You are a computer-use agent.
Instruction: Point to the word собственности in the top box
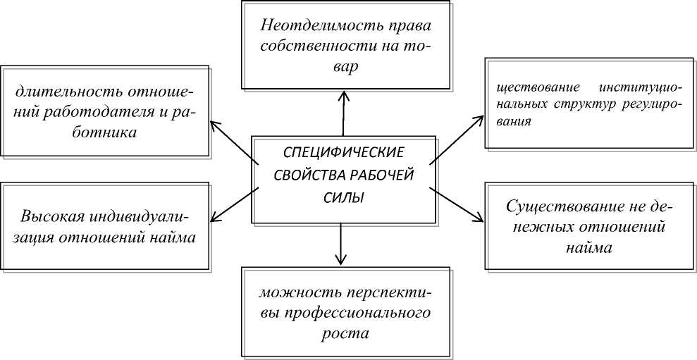click(x=312, y=47)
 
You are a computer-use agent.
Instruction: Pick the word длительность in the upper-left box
click(x=63, y=92)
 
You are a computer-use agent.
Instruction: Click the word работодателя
click(x=117, y=112)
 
